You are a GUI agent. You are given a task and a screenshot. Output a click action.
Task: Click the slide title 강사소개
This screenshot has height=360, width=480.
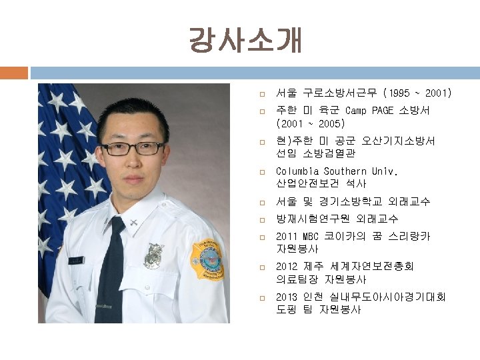click(x=245, y=41)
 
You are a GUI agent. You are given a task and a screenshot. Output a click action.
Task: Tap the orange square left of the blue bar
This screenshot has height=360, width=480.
click(x=14, y=72)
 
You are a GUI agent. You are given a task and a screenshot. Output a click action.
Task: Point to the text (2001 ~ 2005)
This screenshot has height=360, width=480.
click(x=310, y=124)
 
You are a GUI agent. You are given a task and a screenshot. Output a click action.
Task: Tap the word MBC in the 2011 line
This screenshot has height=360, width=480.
click(x=311, y=236)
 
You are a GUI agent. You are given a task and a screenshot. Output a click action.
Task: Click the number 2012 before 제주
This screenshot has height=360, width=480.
click(x=287, y=266)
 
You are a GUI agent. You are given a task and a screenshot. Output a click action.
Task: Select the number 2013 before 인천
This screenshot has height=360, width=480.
click(x=287, y=297)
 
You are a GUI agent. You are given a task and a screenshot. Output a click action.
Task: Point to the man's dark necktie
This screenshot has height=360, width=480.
click(x=111, y=267)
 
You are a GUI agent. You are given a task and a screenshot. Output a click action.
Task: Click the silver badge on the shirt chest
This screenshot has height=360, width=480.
click(x=154, y=255)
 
